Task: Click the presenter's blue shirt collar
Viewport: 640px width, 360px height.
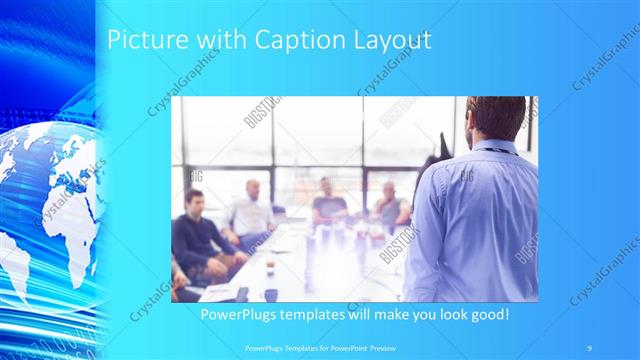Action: pyautogui.click(x=492, y=148)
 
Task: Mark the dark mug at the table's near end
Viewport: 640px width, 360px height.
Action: pyautogui.click(x=270, y=294)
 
